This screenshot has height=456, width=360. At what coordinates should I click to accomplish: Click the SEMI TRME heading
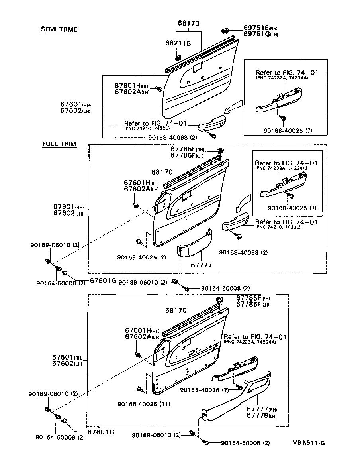tap(59, 29)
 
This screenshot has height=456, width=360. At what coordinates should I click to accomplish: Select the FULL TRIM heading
tap(59, 144)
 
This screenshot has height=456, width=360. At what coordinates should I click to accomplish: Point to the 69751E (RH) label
tap(260, 28)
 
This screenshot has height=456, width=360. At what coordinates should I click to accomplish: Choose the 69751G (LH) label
tap(260, 35)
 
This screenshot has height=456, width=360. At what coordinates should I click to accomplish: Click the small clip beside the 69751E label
tap(225, 30)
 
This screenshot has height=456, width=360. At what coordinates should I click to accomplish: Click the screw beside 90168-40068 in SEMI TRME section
tap(214, 137)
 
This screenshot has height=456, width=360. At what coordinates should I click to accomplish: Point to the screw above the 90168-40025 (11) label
tap(139, 389)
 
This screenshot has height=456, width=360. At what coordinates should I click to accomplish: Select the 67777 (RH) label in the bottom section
tap(261, 409)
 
